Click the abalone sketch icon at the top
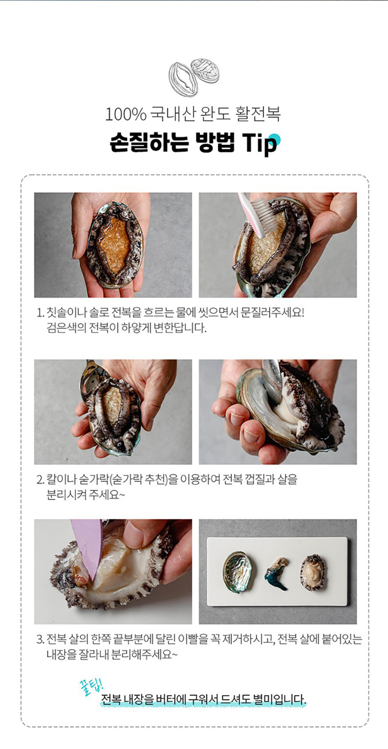pos(194,77)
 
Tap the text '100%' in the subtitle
pos(126,115)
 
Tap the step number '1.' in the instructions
pos(40,314)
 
